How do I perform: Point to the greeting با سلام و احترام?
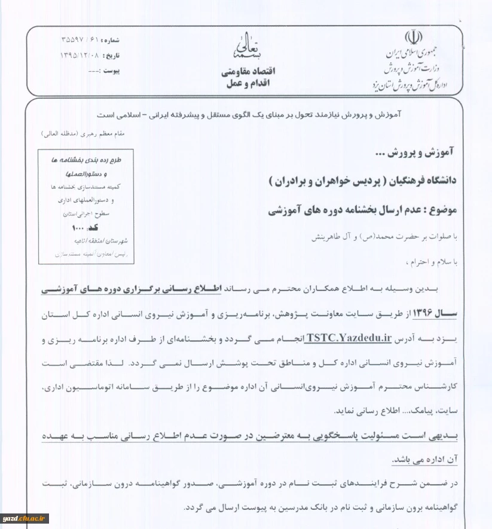(432, 262)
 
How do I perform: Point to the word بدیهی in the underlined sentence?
(445, 437)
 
